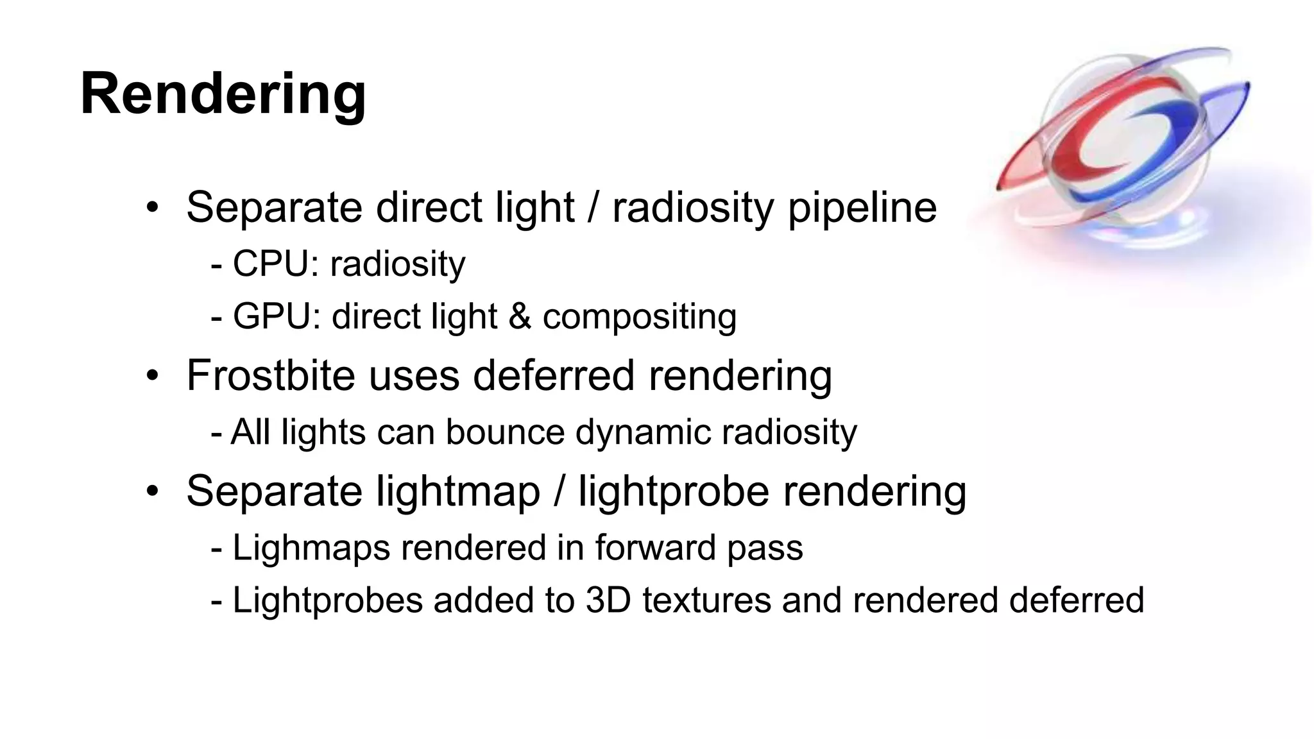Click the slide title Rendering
[223, 94]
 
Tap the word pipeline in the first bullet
[862, 208]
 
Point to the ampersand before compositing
[520, 316]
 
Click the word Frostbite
[270, 375]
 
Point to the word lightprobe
[674, 492]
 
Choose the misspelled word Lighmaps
[311, 548]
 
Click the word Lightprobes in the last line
[327, 601]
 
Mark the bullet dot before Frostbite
[152, 375]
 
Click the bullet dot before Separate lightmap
[152, 491]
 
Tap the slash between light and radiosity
[593, 208]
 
